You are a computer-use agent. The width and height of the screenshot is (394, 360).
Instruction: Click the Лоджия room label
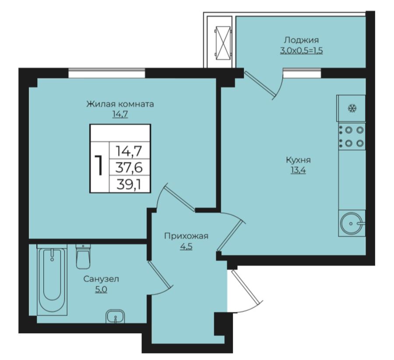(x=301, y=40)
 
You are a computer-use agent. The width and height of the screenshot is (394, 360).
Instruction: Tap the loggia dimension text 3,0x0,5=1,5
(x=301, y=51)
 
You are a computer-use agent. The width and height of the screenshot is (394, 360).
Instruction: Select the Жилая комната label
(x=120, y=104)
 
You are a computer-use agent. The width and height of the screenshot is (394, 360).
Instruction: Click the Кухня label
(x=298, y=160)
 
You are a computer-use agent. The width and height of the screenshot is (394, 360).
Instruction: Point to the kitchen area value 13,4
(x=298, y=170)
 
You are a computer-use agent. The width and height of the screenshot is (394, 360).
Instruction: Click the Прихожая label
(x=186, y=236)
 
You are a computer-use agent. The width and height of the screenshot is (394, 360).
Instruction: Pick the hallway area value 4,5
(x=186, y=247)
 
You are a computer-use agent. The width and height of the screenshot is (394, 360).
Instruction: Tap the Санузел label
(x=101, y=279)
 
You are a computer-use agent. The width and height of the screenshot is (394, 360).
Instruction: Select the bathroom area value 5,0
(x=101, y=290)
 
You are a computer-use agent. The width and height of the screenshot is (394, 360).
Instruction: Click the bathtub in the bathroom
(x=52, y=279)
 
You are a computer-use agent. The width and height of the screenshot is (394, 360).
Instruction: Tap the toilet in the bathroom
(x=83, y=256)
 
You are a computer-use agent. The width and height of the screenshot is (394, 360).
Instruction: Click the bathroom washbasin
(x=115, y=316)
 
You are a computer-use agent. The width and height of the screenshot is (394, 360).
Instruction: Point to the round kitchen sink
(x=352, y=223)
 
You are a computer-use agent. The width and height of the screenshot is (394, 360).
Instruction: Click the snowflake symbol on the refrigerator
(x=352, y=109)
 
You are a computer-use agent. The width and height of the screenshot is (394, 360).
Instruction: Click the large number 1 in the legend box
(x=99, y=165)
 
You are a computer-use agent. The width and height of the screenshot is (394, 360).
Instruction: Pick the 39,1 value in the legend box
(x=129, y=184)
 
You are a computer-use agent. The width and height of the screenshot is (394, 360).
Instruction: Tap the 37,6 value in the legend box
(x=129, y=167)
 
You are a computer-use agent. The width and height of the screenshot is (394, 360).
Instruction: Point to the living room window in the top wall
(x=106, y=73)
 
